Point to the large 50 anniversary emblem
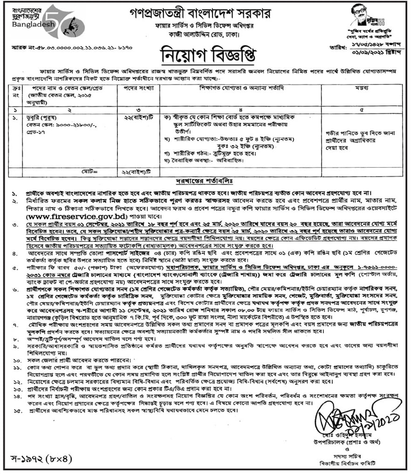pyautogui.click(x=65, y=21)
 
